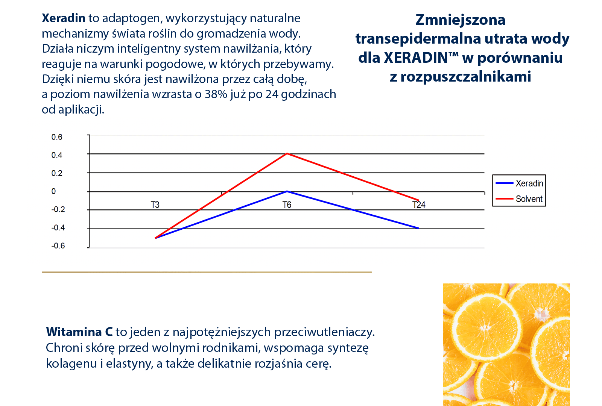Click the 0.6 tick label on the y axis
tap(57, 137)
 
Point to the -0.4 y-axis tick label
tap(58, 228)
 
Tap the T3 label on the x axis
tap(155, 205)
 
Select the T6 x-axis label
tap(287, 205)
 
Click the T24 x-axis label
tap(419, 205)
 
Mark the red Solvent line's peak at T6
tap(287, 153)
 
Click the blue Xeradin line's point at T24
tap(418, 228)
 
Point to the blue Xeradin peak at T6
tap(287, 191)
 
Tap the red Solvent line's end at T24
tap(418, 200)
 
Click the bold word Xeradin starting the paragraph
tap(63, 18)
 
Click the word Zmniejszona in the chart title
tap(460, 20)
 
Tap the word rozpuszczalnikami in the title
tap(465, 76)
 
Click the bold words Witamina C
tap(79, 332)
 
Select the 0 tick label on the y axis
tap(53, 191)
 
